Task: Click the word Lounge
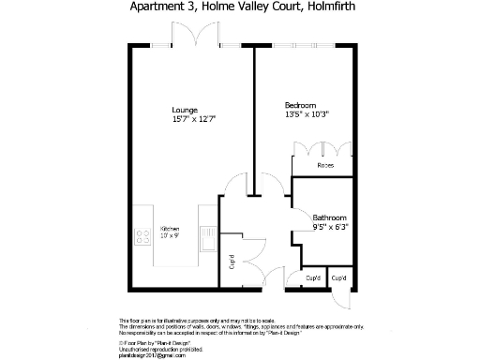click(x=185, y=111)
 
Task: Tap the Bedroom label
click(x=300, y=104)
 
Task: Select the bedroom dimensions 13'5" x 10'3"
click(x=307, y=113)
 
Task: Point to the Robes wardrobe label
click(x=324, y=166)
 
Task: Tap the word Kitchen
click(x=169, y=230)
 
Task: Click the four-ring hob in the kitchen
click(x=143, y=236)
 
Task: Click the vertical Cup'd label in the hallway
click(x=232, y=263)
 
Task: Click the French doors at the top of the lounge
click(x=191, y=38)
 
